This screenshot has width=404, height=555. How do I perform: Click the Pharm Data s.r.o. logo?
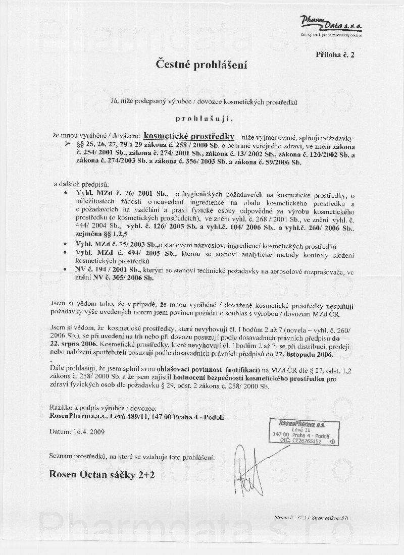pyautogui.click(x=331, y=26)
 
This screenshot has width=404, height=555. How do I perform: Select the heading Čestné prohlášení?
pyautogui.click(x=202, y=65)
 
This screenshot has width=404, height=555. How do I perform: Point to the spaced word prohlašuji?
pyautogui.click(x=202, y=119)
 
